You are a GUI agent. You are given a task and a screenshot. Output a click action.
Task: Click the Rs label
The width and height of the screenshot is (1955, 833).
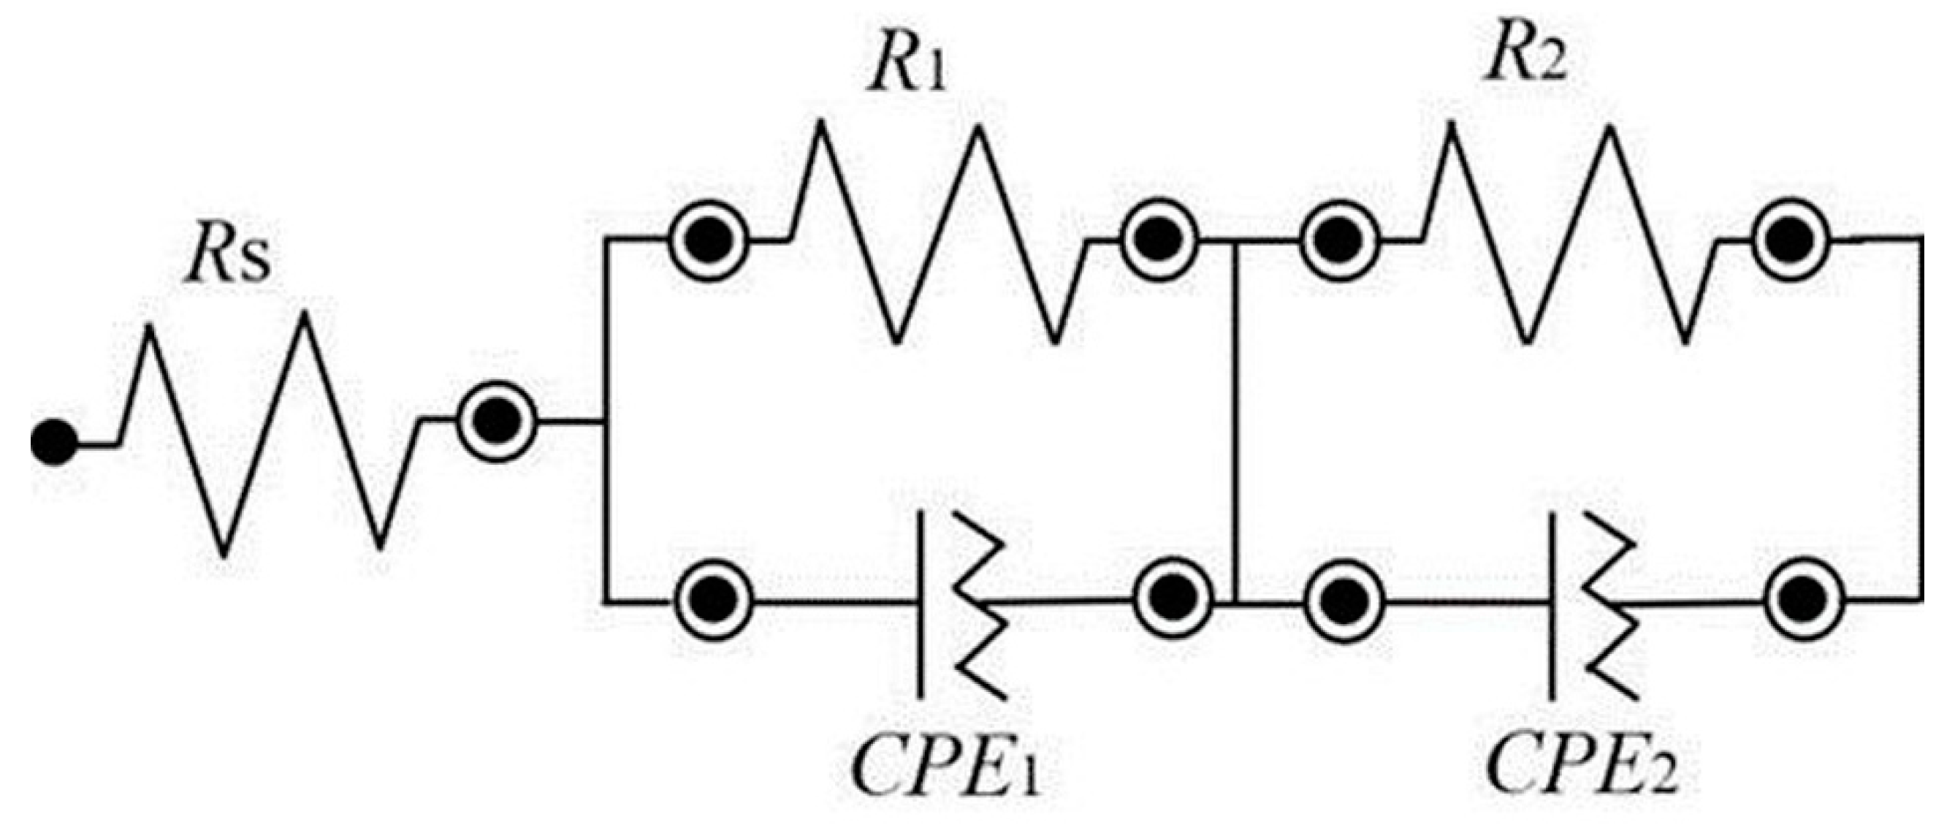coord(227,259)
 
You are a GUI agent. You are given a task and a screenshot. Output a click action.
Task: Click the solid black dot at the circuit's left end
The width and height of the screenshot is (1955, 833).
coord(53,443)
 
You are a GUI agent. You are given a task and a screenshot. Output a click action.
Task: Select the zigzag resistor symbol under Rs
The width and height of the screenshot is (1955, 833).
coord(266,433)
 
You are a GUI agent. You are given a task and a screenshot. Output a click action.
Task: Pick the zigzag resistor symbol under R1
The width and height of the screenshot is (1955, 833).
coord(937,235)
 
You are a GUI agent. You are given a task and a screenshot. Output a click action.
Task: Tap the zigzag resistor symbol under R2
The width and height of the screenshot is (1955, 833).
coord(1567,235)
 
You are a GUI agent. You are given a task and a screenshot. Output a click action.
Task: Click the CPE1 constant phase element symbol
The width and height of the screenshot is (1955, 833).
coord(960,605)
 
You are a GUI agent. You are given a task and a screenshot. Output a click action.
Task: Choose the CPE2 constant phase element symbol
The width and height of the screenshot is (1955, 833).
coord(1590,605)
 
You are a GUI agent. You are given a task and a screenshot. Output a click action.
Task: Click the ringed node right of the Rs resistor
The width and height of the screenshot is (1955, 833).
coord(497,419)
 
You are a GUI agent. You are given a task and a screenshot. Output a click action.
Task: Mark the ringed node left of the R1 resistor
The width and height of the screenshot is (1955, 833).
coord(708,240)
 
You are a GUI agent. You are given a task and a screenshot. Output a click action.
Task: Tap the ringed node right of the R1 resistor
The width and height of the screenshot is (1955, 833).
coord(1159,239)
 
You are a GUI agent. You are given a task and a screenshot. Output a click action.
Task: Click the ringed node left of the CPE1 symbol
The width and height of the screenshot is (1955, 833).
coord(713,600)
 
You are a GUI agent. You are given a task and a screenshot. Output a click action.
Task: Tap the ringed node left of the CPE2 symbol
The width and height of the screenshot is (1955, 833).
coord(1344,600)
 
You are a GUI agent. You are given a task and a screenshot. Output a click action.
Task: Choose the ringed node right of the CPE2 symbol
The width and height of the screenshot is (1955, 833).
coord(1804,600)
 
